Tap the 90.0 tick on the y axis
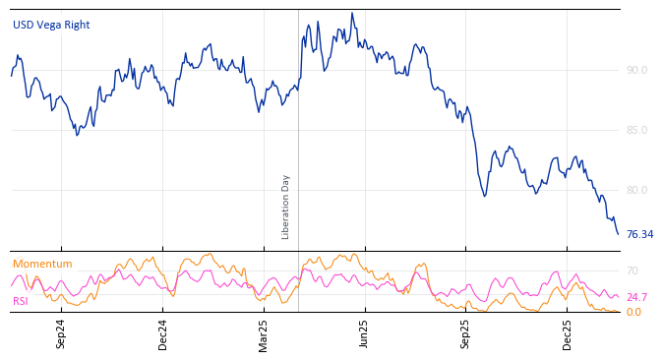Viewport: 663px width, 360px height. pos(636,70)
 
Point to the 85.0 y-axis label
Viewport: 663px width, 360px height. pos(636,130)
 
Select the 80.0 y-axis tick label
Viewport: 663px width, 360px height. pos(636,190)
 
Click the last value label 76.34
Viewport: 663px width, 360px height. pos(639,234)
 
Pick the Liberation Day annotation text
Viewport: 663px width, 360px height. pos(286,207)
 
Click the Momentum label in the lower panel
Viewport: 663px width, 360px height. pos(42,264)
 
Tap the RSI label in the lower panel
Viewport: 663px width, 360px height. pos(20,301)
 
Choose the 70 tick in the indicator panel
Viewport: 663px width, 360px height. pos(633,270)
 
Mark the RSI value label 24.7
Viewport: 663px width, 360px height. pos(636,297)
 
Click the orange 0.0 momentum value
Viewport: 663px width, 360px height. pos(633,312)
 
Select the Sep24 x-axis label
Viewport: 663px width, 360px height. pos(61,333)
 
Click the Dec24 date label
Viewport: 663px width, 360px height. pos(163,333)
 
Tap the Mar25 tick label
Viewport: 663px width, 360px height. pos(264,333)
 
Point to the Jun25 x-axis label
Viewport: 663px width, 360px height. pos(365,333)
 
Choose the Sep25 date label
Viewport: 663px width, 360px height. pos(466,333)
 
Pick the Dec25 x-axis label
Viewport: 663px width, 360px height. pos(568,333)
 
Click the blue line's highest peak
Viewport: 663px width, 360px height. pos(351,14)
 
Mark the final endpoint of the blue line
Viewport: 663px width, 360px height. pos(618,234)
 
